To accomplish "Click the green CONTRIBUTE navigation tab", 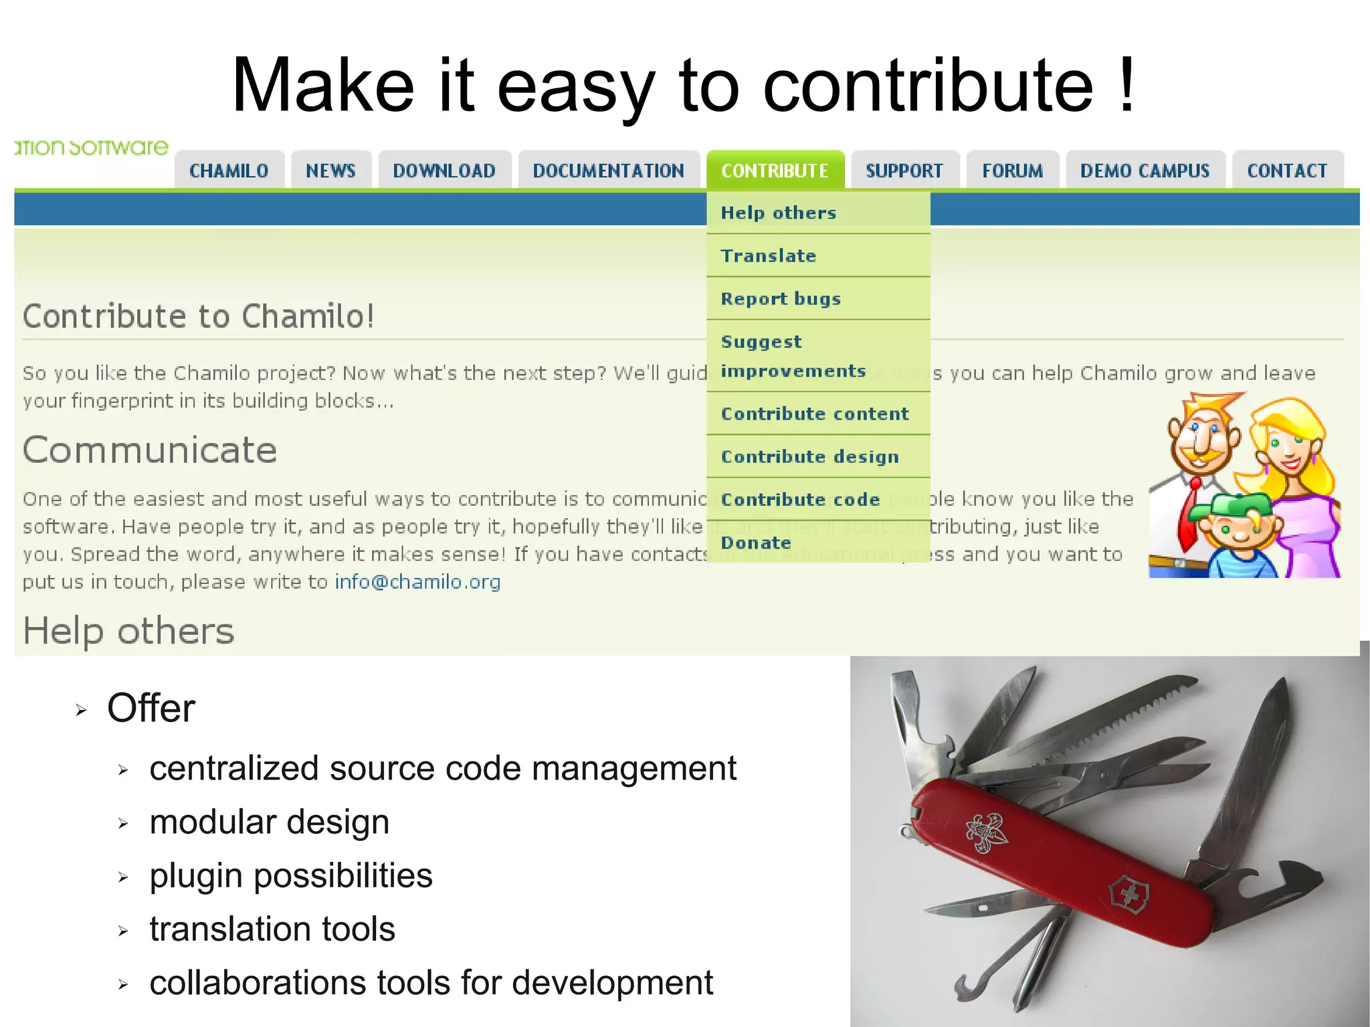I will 775,171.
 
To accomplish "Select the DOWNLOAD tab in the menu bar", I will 444,171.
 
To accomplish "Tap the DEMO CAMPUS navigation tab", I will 1145,171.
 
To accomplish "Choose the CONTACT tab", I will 1287,171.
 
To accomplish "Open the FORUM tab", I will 1012,171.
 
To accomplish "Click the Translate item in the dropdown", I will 769,256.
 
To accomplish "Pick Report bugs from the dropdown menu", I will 781,298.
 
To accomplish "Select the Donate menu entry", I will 756,543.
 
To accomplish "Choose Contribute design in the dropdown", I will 809,456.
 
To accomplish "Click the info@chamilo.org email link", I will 417,582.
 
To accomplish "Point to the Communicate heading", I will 150,450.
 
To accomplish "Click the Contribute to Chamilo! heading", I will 198,316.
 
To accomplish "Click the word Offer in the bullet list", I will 151,708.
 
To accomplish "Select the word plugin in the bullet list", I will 195,876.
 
